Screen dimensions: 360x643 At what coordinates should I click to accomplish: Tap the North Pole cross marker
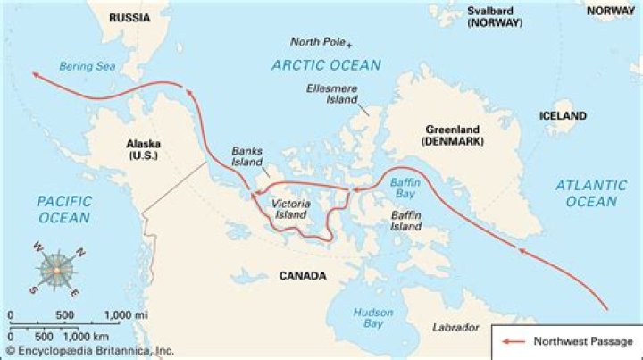350,44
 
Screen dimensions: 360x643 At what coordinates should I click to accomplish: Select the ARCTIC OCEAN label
327,64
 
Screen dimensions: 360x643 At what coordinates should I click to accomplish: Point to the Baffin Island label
405,221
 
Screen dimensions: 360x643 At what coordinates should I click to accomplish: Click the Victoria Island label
289,210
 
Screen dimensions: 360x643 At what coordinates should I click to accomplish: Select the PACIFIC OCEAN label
63,209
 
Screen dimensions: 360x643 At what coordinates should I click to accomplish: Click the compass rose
56,267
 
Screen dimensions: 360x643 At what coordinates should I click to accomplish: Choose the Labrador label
455,328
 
